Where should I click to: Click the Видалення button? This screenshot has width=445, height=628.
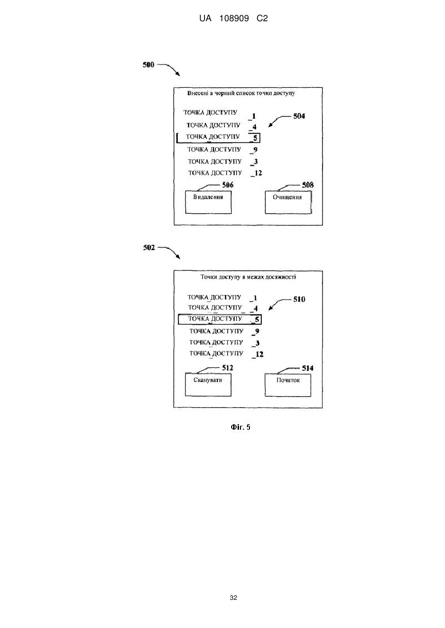[208, 202]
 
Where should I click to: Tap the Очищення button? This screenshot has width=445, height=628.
[288, 202]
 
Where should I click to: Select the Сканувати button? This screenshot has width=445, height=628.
[208, 385]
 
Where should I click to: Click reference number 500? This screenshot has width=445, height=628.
[148, 65]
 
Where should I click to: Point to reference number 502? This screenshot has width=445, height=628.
[149, 247]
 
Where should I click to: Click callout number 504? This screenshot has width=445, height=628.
[299, 116]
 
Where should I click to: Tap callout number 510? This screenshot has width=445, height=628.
[299, 299]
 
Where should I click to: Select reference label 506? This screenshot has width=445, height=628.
[228, 185]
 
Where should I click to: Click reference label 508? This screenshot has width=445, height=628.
[308, 185]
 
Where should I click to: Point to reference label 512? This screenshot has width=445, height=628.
[227, 368]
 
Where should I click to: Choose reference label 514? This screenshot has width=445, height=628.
[307, 368]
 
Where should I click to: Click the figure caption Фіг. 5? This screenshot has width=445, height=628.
[241, 427]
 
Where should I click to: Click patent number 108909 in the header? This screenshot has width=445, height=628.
[234, 19]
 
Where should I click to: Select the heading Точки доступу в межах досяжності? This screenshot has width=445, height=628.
[248, 277]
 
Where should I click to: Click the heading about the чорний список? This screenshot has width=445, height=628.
[241, 93]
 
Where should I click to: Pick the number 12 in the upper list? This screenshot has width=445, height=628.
[258, 173]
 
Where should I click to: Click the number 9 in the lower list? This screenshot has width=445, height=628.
[257, 332]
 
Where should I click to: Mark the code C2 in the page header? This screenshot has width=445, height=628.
[262, 19]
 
